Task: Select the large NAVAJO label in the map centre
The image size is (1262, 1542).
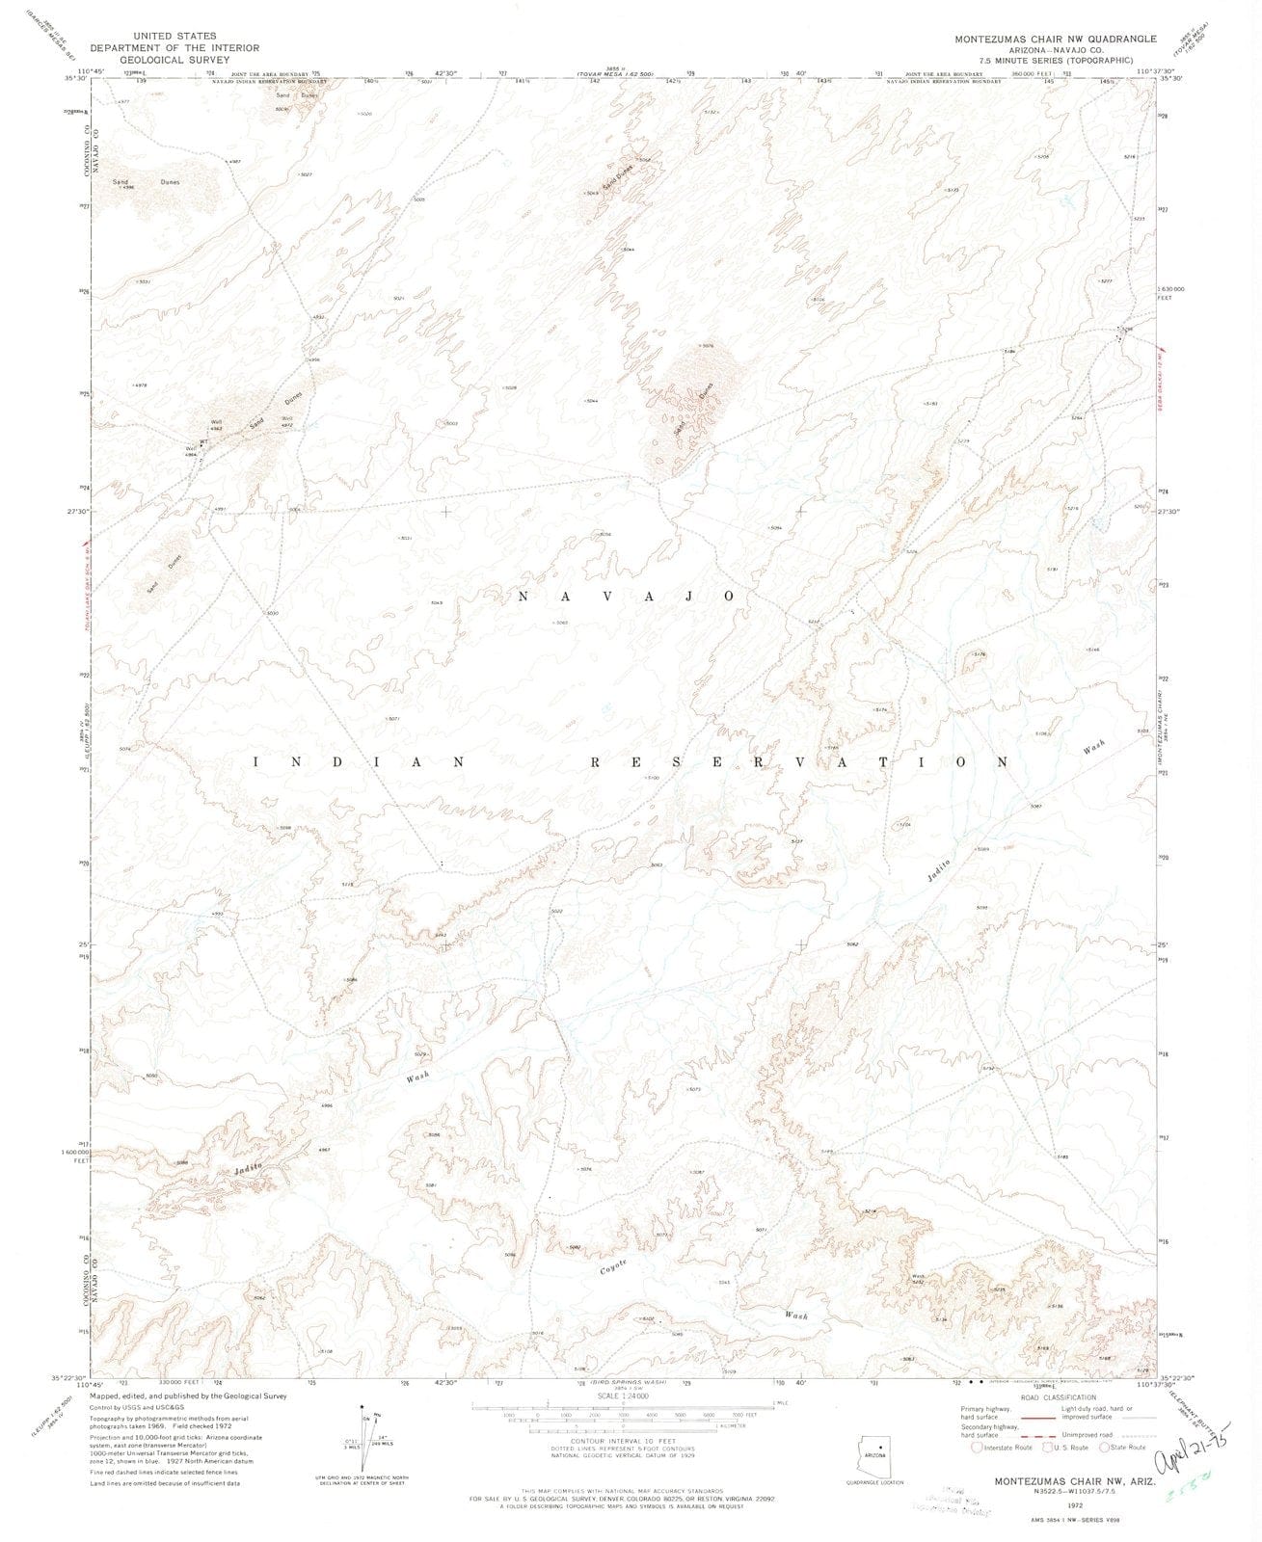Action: coord(628,597)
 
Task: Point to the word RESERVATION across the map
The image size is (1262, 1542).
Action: coord(799,761)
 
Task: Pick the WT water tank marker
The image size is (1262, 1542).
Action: coord(203,441)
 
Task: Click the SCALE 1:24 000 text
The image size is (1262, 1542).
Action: coord(623,1395)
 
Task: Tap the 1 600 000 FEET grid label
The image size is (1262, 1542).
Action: coord(75,1156)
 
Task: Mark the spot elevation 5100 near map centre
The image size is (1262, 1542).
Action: coord(652,778)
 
